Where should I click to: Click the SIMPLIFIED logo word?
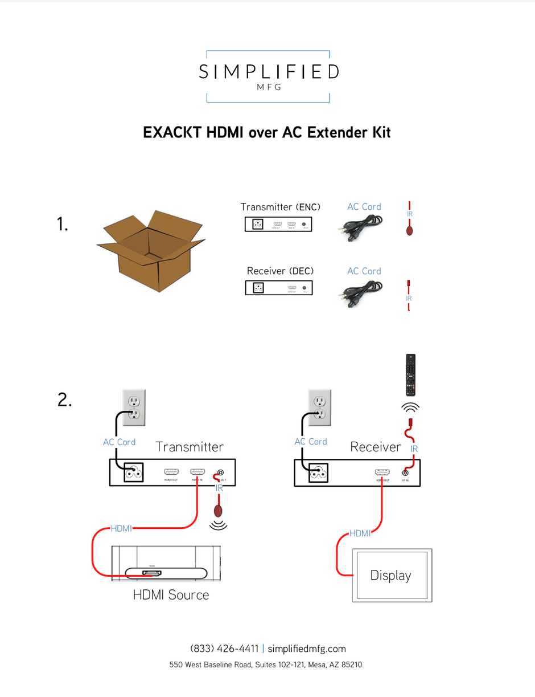pos(268,72)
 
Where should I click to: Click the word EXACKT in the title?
pos(172,132)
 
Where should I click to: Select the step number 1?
pos(63,225)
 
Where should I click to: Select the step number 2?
pos(65,401)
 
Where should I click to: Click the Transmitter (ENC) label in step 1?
pos(281,207)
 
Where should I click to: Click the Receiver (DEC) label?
pos(280,271)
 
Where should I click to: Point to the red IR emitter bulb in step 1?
pos(409,231)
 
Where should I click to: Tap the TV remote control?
pos(410,375)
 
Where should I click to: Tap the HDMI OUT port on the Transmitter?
pos(171,472)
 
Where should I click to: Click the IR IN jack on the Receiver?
pos(405,472)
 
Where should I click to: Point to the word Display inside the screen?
pos(390,576)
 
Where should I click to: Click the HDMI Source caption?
pos(171,595)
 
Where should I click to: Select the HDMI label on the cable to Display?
pos(360,534)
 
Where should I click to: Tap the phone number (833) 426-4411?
pos(224,649)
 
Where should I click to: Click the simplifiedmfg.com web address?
pos(306,649)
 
